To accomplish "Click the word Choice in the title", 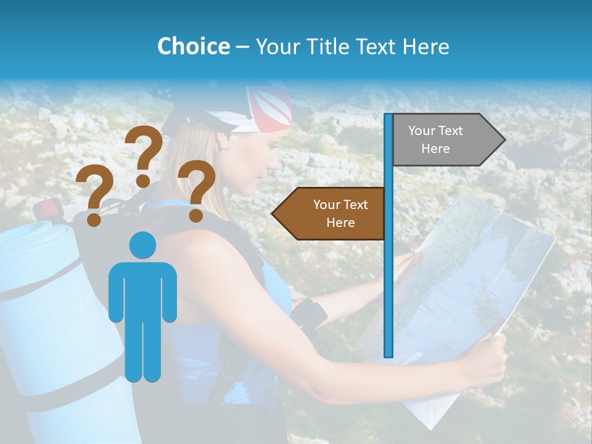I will (193, 46).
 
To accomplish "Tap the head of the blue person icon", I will (142, 245).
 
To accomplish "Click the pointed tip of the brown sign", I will (273, 214).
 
